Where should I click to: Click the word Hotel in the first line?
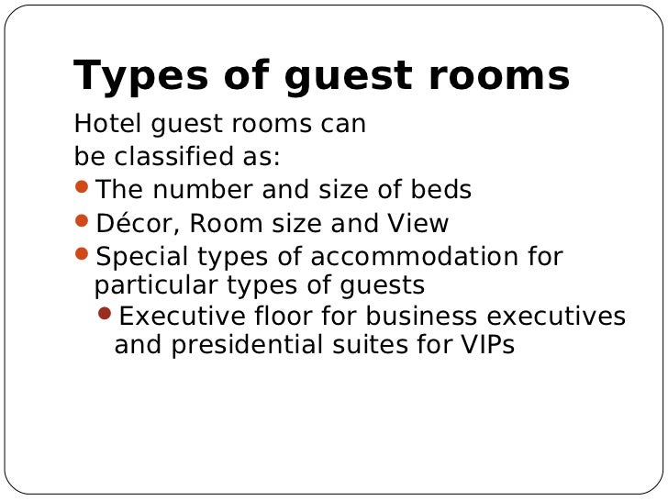[x=103, y=124]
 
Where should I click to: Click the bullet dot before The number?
[x=82, y=188]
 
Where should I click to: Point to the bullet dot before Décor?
[x=82, y=221]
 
